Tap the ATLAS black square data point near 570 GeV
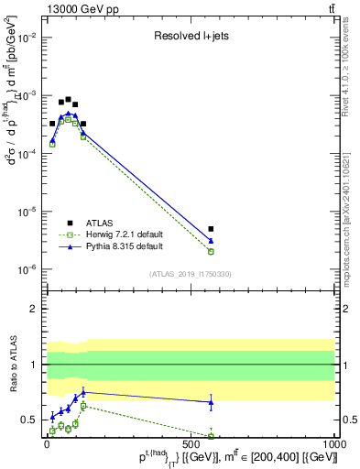211,229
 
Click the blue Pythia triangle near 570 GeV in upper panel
211,241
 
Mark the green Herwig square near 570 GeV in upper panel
211,251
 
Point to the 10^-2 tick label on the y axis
27,38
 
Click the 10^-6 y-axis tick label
27,269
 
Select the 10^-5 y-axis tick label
27,212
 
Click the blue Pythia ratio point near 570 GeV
211,402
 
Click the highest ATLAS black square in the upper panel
68,99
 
